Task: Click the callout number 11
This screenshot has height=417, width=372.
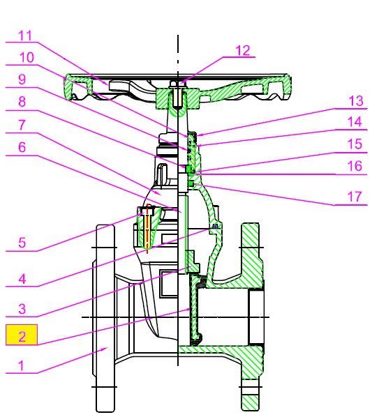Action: [25, 36]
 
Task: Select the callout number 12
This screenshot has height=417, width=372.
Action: [243, 50]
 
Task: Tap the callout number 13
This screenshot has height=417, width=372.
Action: [356, 101]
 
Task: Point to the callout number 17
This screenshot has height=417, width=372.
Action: [355, 197]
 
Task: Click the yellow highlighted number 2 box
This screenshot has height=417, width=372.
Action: [22, 335]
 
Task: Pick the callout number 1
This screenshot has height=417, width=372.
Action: [22, 365]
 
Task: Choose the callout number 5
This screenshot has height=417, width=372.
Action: [22, 243]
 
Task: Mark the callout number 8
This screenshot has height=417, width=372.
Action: [22, 101]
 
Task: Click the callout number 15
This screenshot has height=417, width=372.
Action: [355, 144]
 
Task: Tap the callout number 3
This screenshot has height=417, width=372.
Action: [22, 309]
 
